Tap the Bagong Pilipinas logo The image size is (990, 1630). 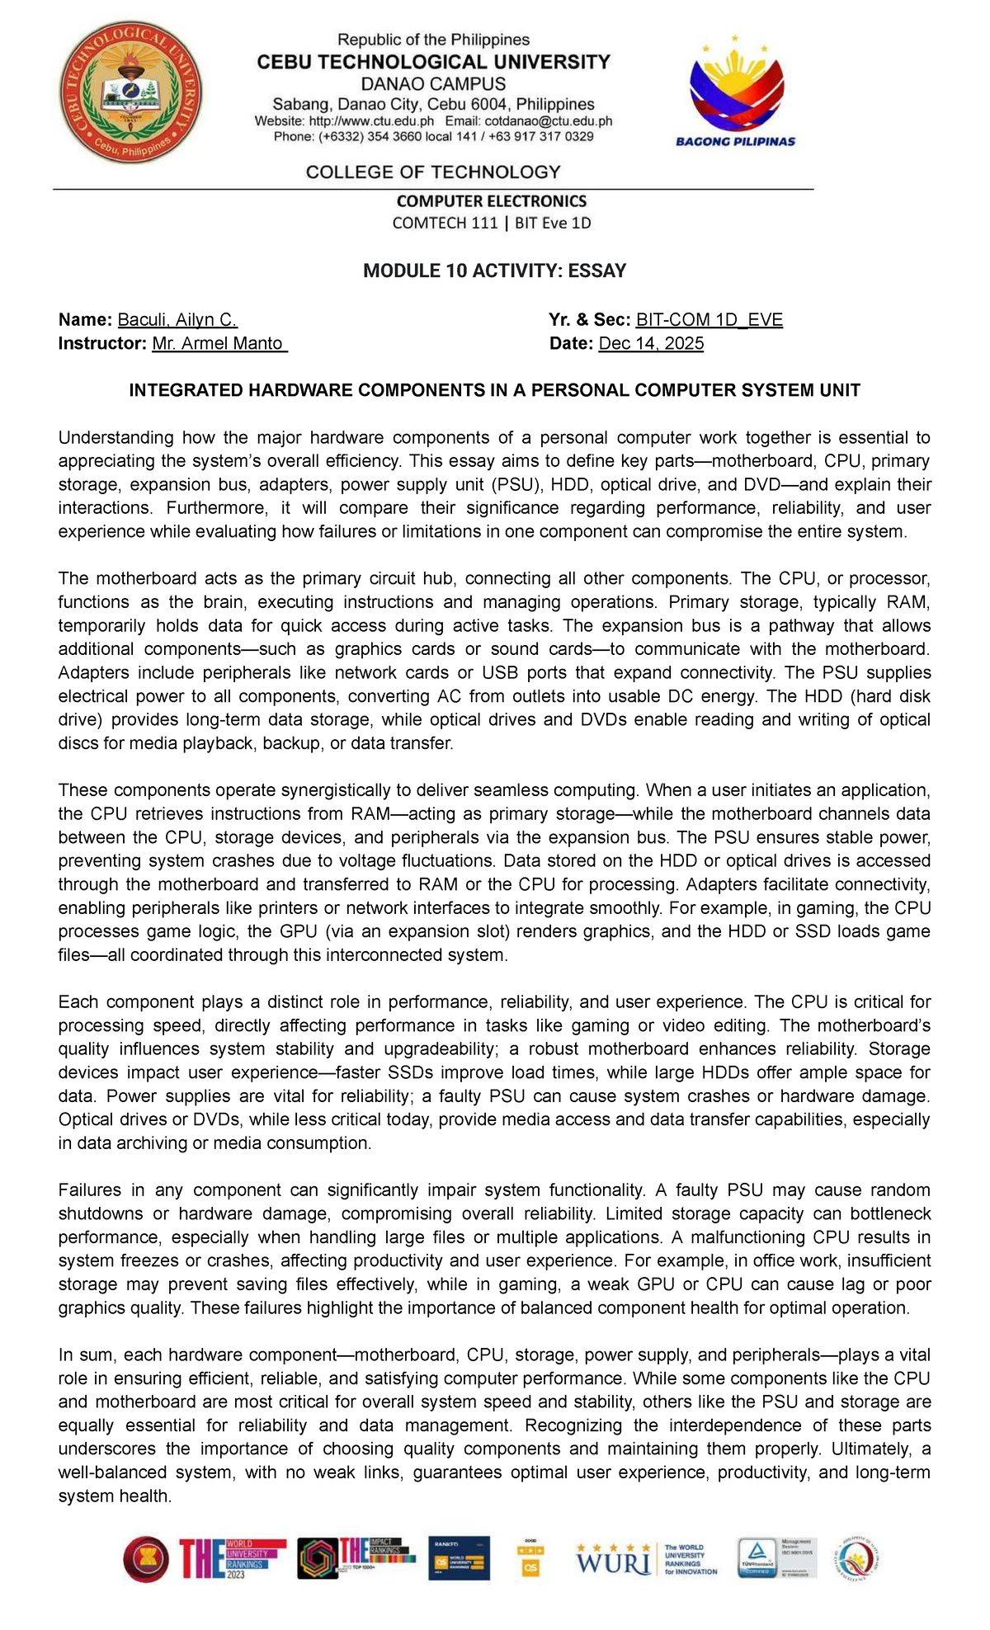point(734,92)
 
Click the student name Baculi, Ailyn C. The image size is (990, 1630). point(177,320)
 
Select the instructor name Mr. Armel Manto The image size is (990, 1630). point(219,343)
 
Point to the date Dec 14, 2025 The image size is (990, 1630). point(651,343)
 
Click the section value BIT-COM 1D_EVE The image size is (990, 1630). point(709,320)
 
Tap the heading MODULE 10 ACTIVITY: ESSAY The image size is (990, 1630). point(495,271)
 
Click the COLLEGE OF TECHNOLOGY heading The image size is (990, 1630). point(433,172)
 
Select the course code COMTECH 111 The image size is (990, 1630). point(445,223)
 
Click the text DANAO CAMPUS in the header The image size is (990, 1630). point(434,83)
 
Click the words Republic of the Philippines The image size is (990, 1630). point(434,40)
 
